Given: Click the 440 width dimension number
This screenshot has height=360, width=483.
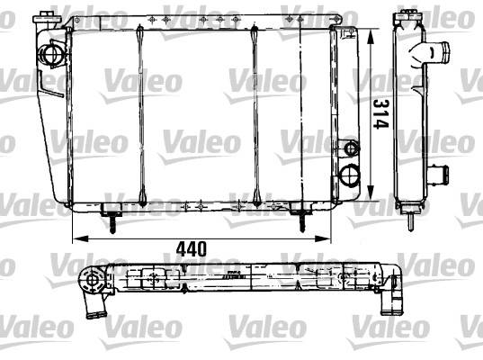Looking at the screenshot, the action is pos(191,249).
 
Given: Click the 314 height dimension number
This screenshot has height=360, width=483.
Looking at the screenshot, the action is pos(381,114).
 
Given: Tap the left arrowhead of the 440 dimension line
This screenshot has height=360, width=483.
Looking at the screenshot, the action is pos(80,238).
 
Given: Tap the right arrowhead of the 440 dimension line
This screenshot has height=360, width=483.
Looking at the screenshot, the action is pos(323,238).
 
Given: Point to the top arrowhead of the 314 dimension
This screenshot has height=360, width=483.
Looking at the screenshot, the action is pos(371,37).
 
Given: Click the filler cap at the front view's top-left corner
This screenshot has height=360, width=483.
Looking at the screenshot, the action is pos(46,17).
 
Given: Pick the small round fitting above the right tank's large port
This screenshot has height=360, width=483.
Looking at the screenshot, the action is pos(351,148).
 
